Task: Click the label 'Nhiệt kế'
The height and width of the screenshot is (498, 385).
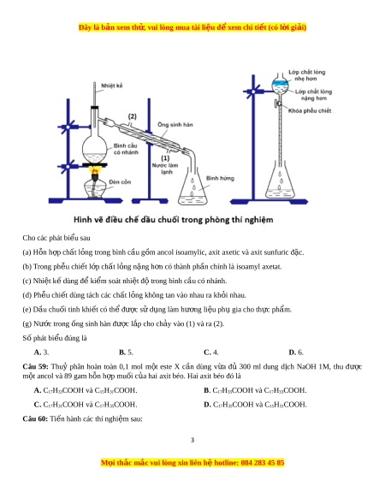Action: tap(111, 86)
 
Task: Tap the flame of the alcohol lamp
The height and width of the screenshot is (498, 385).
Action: tap(95, 171)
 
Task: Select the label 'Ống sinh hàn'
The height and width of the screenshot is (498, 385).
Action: tap(175, 125)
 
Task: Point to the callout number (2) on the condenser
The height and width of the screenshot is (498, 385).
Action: tap(132, 116)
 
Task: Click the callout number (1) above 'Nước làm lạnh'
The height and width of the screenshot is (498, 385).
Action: tap(165, 157)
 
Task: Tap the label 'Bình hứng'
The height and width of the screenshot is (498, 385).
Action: tap(220, 178)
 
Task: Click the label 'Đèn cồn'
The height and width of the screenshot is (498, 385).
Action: tap(120, 182)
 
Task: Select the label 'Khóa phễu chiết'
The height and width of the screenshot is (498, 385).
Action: tap(310, 111)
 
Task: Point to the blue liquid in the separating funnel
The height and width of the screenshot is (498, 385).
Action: tap(280, 83)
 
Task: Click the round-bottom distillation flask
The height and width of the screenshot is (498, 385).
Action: tap(95, 149)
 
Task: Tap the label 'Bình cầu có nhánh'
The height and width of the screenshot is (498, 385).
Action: tap(126, 149)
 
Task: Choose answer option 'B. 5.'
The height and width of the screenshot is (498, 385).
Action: tap(126, 353)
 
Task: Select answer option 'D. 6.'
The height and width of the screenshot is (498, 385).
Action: tap(296, 353)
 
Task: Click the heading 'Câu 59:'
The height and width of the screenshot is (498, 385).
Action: tap(35, 366)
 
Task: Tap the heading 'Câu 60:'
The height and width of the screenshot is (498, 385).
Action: tap(35, 419)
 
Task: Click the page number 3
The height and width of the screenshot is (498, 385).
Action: tap(192, 440)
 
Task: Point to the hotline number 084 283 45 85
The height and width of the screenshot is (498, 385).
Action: tap(263, 463)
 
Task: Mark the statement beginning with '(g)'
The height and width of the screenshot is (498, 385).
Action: tap(123, 324)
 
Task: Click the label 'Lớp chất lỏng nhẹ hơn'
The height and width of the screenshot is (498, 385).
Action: tap(306, 75)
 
